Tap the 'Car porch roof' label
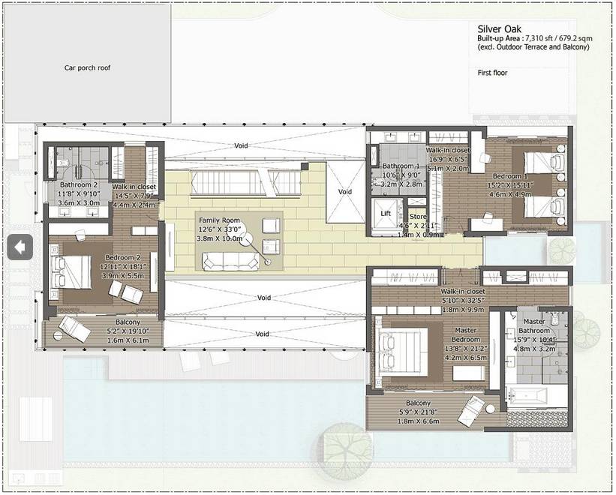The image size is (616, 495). click(x=87, y=67)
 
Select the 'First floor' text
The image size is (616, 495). click(x=492, y=73)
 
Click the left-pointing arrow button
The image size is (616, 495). click(x=20, y=246)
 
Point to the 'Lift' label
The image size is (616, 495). click(x=386, y=214)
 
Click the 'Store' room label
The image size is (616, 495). click(x=417, y=218)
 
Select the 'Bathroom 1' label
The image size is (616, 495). click(x=401, y=166)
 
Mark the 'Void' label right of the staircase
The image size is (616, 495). click(x=344, y=192)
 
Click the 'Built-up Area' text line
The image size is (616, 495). click(x=532, y=38)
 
